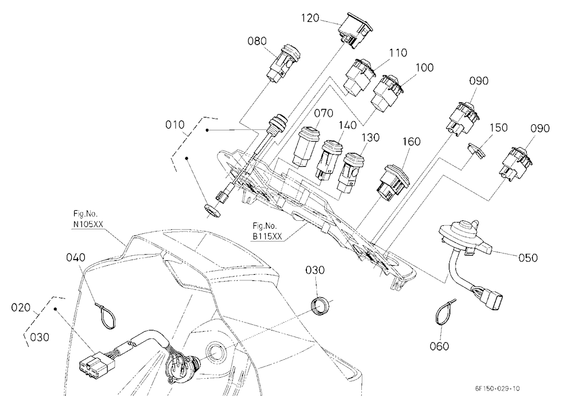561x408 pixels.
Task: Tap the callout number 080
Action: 257,41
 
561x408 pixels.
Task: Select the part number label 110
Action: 398,53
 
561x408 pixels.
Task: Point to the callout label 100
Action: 424,67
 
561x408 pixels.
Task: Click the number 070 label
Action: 324,114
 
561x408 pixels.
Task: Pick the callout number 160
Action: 411,142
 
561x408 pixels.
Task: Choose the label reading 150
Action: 498,128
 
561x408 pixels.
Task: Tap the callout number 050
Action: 528,257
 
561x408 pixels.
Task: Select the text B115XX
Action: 267,236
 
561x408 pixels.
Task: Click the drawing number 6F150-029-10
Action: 497,389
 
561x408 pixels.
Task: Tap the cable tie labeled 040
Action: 106,315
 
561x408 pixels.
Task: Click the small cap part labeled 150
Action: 477,150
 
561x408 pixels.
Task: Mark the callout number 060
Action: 439,346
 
